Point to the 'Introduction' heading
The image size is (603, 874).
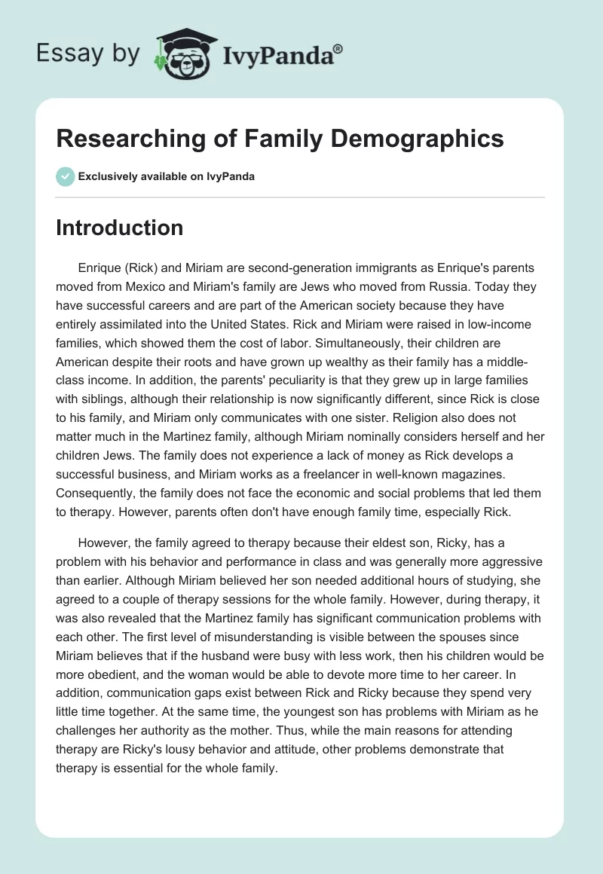[119, 228]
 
